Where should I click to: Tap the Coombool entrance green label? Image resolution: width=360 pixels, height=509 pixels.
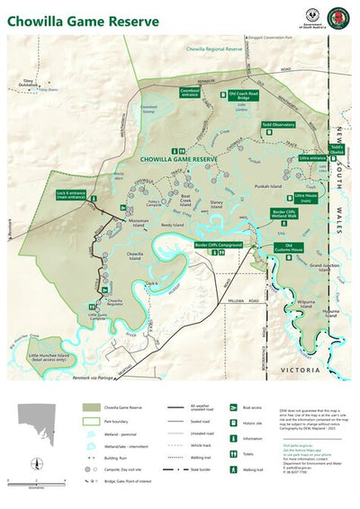click(x=189, y=92)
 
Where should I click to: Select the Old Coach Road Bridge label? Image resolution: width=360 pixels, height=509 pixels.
click(x=243, y=94)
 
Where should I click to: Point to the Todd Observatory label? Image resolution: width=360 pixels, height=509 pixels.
click(x=278, y=125)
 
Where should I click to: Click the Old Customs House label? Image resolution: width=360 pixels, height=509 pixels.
click(x=289, y=246)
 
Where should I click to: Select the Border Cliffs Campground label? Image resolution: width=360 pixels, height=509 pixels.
click(x=219, y=244)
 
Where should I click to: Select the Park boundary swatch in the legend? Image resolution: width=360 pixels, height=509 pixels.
click(x=92, y=420)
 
